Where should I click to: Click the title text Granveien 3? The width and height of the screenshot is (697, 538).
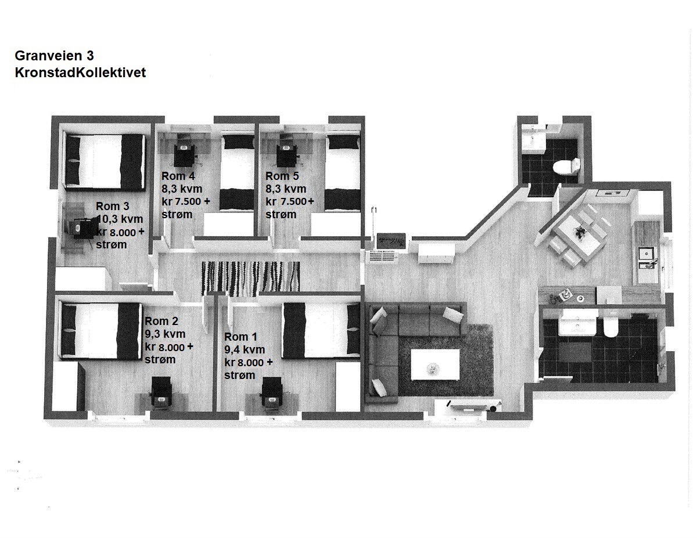[54, 56]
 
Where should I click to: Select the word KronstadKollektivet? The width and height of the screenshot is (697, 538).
[80, 73]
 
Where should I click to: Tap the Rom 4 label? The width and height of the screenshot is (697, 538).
[178, 176]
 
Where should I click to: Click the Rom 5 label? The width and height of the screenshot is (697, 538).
[282, 176]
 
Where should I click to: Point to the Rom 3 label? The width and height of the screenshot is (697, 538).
[112, 206]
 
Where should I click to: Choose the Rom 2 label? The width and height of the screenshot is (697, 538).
[161, 321]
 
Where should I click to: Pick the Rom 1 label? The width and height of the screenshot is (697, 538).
[240, 337]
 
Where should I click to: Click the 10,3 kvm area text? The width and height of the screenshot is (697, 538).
[120, 219]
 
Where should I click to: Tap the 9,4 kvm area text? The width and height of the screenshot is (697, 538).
[245, 349]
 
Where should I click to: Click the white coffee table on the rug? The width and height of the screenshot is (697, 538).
[435, 364]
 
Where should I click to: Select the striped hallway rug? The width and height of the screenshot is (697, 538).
[250, 278]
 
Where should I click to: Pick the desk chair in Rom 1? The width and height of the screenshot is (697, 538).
[272, 394]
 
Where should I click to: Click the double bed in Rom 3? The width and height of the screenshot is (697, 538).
[105, 161]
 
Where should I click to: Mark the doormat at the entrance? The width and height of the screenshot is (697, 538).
[391, 240]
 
